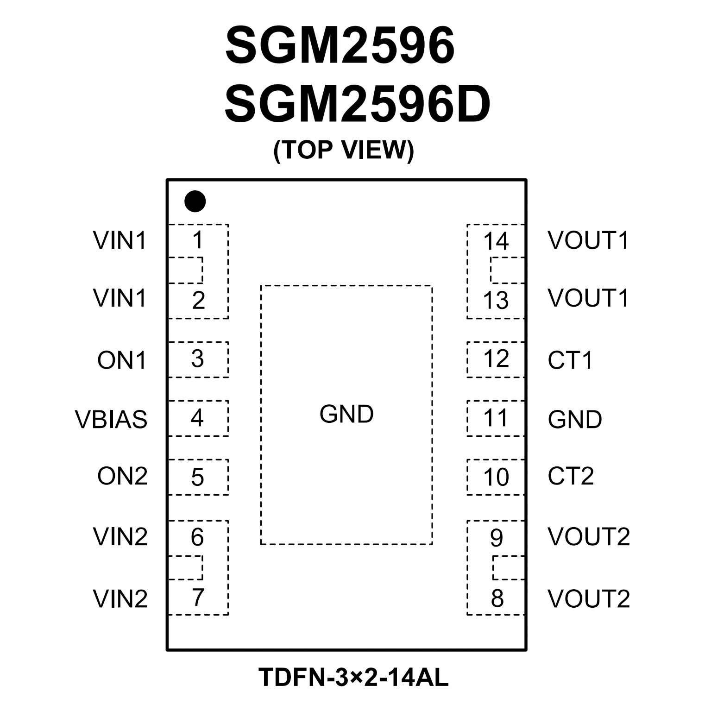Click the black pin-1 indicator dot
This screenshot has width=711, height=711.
point(195,201)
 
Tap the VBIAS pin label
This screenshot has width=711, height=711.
point(111,419)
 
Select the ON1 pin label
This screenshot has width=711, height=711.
point(122,360)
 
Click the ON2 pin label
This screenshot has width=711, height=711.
point(122,476)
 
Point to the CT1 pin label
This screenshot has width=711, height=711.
point(570,360)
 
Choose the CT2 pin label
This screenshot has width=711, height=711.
point(571,476)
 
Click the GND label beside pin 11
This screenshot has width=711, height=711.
point(575,419)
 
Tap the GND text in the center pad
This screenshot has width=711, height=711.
point(346,414)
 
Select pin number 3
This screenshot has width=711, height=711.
point(197,359)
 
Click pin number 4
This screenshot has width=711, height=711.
point(197,418)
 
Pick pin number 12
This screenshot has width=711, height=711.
point(496,359)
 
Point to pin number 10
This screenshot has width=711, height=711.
point(496,477)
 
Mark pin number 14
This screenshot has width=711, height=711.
point(496,241)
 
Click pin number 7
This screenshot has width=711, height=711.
point(198,598)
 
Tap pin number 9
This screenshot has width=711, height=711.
point(497,538)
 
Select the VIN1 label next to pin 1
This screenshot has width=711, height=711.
point(120,240)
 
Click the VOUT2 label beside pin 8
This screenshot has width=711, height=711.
point(589,598)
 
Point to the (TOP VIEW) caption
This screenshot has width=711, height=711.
point(344,150)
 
